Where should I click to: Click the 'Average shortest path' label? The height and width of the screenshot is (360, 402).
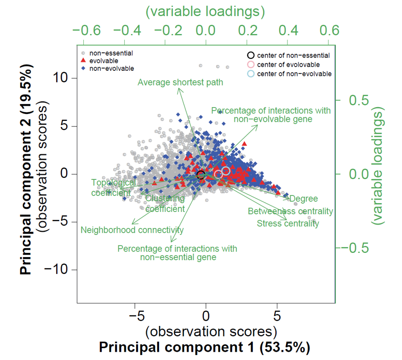pos(180,83)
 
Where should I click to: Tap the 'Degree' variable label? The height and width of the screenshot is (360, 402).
pos(304,199)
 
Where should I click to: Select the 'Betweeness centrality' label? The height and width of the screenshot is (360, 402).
pos(290,211)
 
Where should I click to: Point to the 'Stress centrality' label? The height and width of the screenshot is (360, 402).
pos(287,223)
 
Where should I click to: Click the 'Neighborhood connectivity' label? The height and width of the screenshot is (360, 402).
pos(132,230)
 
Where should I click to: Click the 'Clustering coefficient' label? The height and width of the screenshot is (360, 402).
pos(165,204)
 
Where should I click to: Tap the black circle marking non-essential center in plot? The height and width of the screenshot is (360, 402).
pos(201,174)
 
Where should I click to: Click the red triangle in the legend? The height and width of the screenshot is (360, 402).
pos(83,61)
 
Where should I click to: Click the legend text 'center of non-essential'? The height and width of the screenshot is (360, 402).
pos(293,56)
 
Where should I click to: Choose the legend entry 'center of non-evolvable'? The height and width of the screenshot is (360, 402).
pos(294,74)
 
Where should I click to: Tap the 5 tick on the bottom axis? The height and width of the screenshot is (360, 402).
pos(277,317)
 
